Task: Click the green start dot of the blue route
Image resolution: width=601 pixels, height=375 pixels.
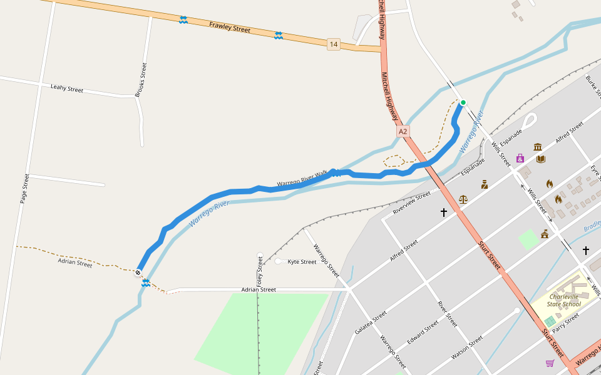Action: tap(463, 102)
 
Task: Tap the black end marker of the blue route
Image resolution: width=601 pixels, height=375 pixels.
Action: tap(138, 272)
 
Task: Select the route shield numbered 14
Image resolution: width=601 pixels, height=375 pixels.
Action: tap(333, 44)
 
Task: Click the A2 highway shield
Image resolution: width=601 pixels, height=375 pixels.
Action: tap(403, 131)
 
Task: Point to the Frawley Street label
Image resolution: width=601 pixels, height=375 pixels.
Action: tap(230, 28)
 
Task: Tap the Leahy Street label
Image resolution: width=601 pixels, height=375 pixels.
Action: tap(67, 89)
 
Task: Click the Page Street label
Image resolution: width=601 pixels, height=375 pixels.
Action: tap(25, 189)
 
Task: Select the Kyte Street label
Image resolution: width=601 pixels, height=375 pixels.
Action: tap(302, 262)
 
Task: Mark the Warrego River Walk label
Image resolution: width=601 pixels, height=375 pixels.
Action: tap(302, 179)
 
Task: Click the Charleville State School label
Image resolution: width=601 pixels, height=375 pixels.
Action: tap(564, 301)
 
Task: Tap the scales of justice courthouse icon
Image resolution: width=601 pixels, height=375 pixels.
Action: tap(463, 199)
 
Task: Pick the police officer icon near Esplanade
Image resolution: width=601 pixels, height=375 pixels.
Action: tap(485, 184)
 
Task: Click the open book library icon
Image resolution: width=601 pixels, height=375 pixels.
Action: tap(541, 159)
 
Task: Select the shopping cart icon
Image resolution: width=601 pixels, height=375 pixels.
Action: tap(550, 362)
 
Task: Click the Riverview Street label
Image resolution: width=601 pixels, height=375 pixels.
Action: tap(411, 203)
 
